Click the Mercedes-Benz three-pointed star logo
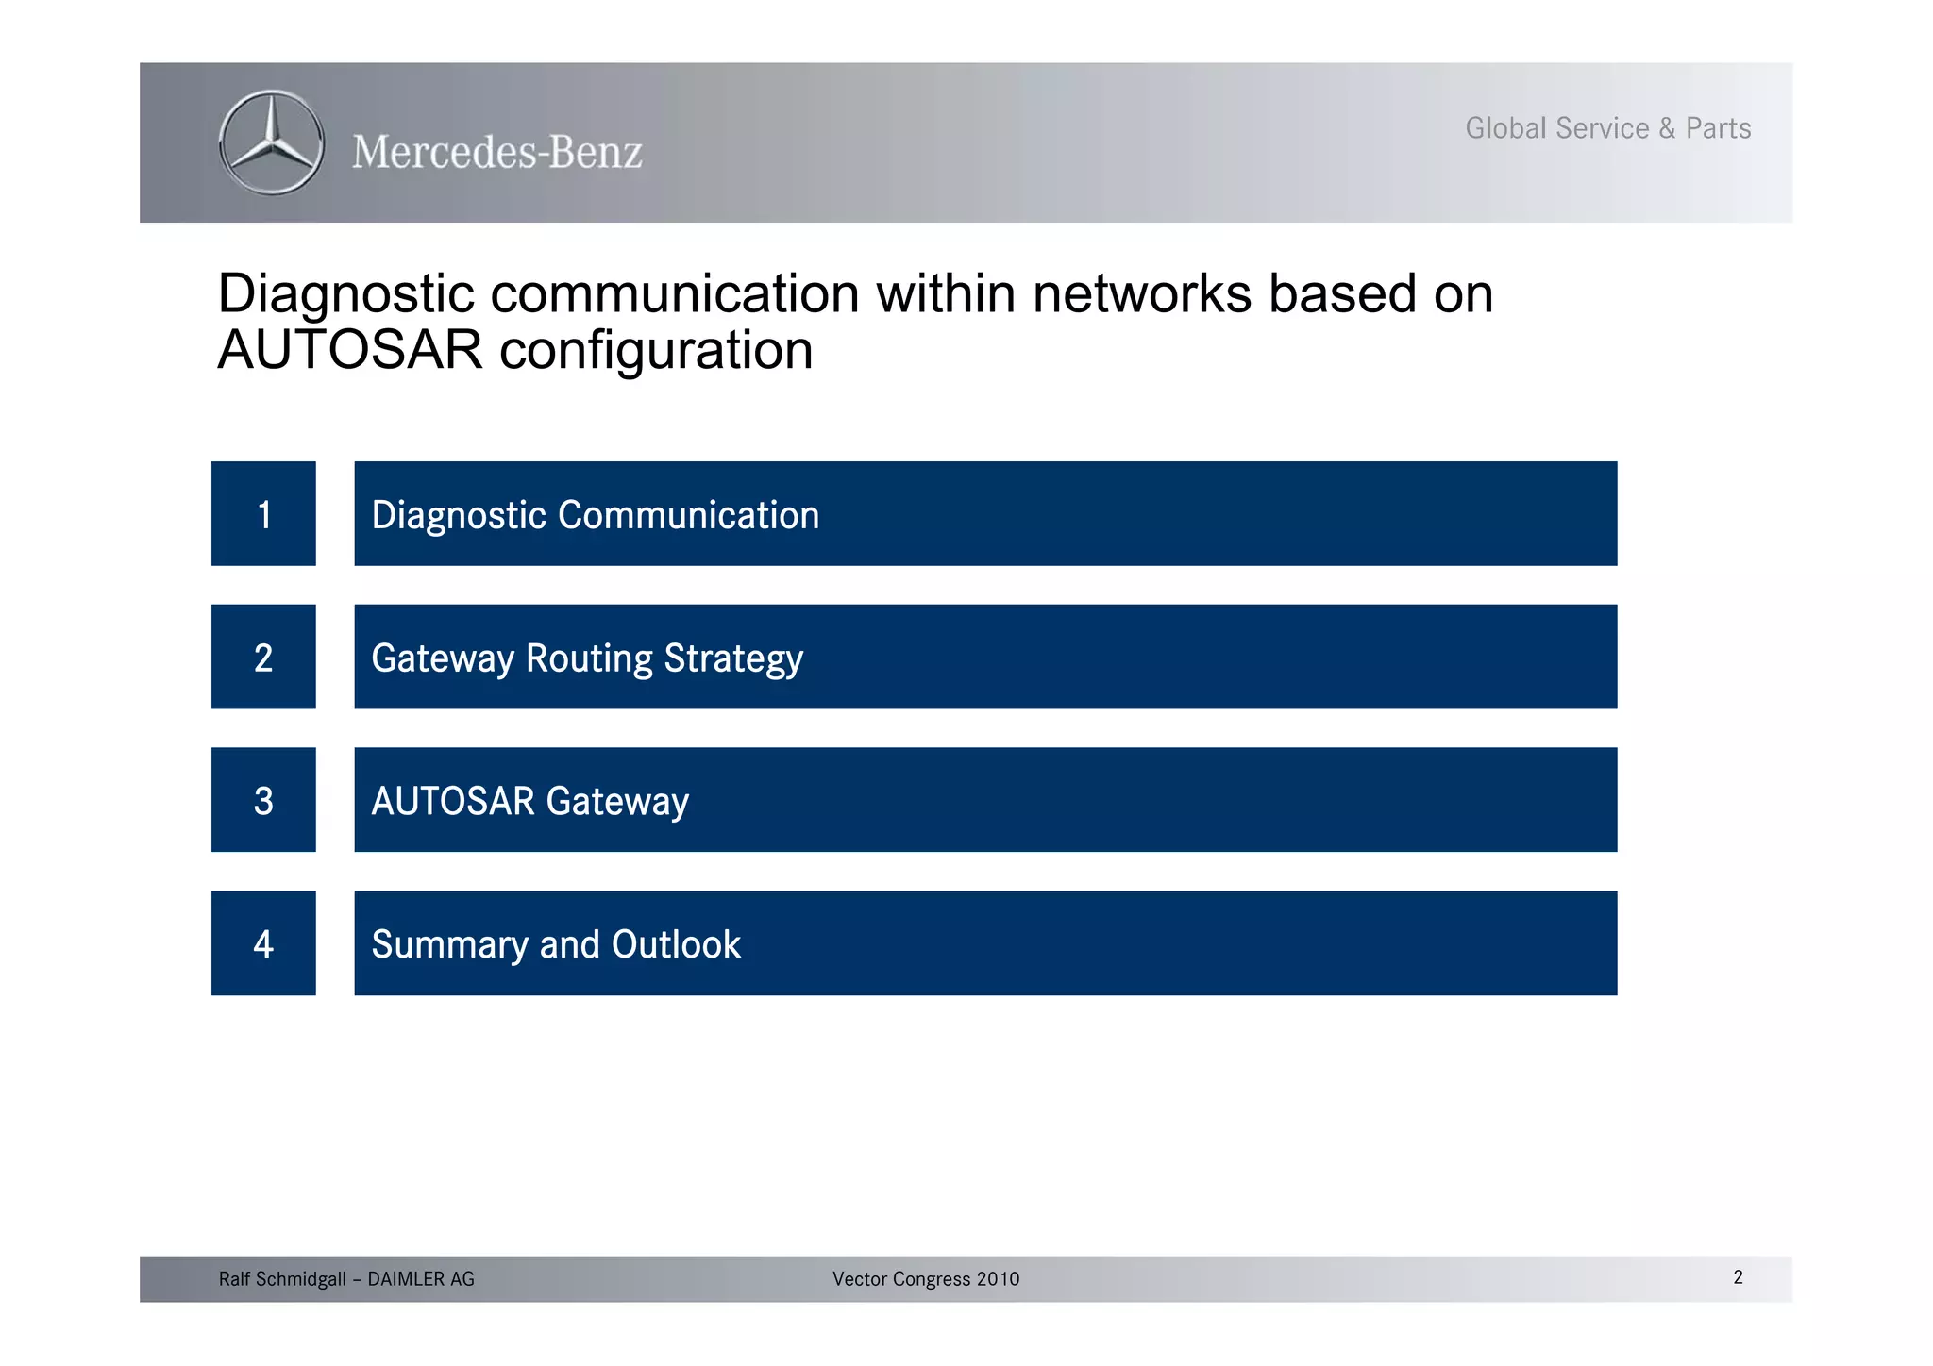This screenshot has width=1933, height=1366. tap(272, 143)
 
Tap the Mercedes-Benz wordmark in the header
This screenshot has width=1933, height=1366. tap(497, 152)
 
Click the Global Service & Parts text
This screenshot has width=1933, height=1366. tap(1607, 128)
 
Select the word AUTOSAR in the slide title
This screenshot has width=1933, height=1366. tap(350, 350)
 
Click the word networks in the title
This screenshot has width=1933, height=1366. tap(1141, 293)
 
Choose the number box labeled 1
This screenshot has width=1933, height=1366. tap(263, 514)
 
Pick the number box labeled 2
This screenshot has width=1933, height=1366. tap(263, 658)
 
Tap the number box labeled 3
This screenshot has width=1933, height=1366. tap(263, 800)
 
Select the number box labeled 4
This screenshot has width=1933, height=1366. tap(263, 943)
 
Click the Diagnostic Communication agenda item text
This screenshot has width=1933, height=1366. tap(596, 515)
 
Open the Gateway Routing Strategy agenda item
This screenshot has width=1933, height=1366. tap(587, 658)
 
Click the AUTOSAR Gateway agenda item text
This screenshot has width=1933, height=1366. tap(530, 801)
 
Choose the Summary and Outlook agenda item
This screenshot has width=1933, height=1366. tap(556, 944)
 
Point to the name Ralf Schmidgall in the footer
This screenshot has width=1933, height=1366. tap(282, 1279)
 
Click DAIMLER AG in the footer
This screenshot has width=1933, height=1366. tap(421, 1279)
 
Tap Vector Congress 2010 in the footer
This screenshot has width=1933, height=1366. tap(926, 1279)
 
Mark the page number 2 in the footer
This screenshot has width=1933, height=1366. tap(1738, 1277)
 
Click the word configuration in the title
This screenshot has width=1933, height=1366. tap(656, 350)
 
